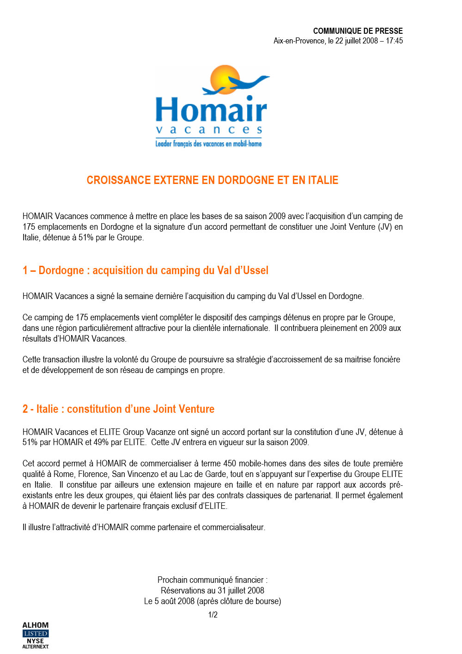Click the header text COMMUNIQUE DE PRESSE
point(358,31)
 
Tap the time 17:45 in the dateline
point(394,41)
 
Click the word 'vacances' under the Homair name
point(209,130)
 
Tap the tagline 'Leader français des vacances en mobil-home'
point(208,144)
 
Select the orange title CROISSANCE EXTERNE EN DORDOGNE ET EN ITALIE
point(213,180)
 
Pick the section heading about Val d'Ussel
point(146,270)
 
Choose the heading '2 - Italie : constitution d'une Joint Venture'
point(118,409)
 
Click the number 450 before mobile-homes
point(230,464)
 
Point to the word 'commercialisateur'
point(233,527)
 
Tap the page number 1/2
point(213,615)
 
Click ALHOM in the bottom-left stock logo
point(36,625)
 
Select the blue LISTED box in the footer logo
point(36,634)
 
